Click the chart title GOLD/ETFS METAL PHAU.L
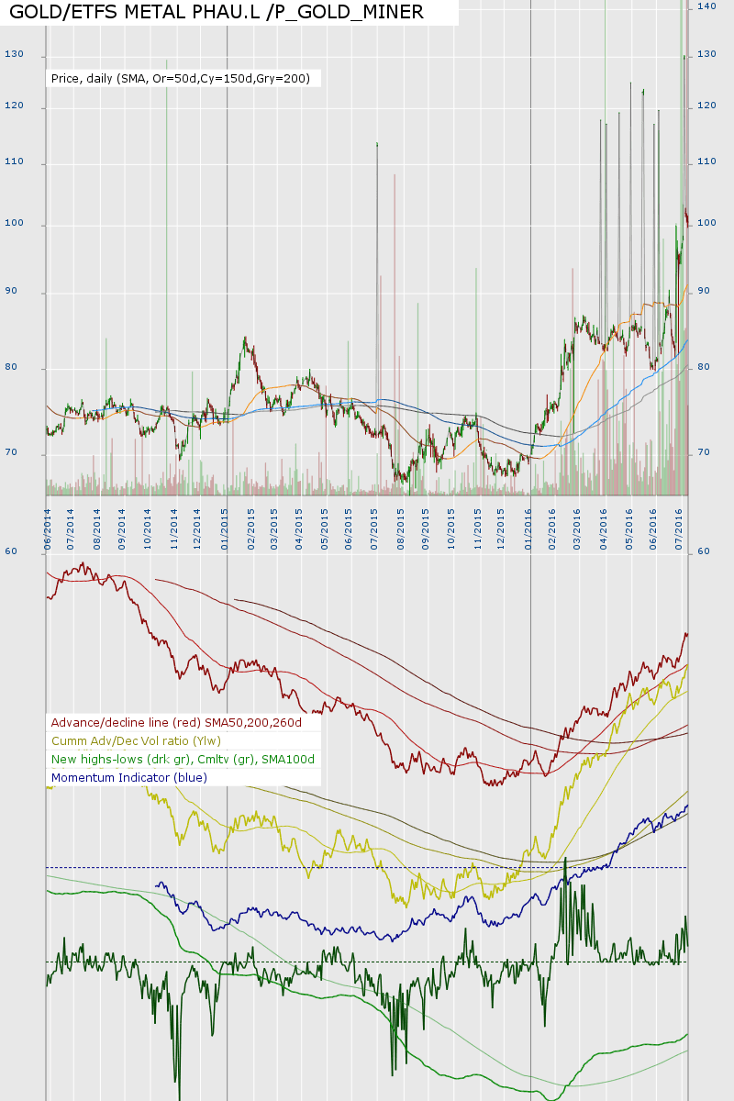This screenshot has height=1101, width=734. (x=217, y=12)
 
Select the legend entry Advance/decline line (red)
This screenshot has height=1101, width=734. (x=189, y=723)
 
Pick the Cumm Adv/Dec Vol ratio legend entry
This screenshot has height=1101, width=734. (x=137, y=741)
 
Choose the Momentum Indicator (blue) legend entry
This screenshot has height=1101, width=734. (x=129, y=778)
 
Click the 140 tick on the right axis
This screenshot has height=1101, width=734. (x=706, y=6)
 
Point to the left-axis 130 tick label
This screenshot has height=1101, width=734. (x=14, y=54)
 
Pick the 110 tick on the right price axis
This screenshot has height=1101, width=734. (x=706, y=162)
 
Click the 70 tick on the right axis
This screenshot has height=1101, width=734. (x=704, y=452)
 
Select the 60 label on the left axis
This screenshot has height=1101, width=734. (x=11, y=551)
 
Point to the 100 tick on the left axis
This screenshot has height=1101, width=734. (x=14, y=225)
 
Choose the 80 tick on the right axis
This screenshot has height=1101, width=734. (x=704, y=367)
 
